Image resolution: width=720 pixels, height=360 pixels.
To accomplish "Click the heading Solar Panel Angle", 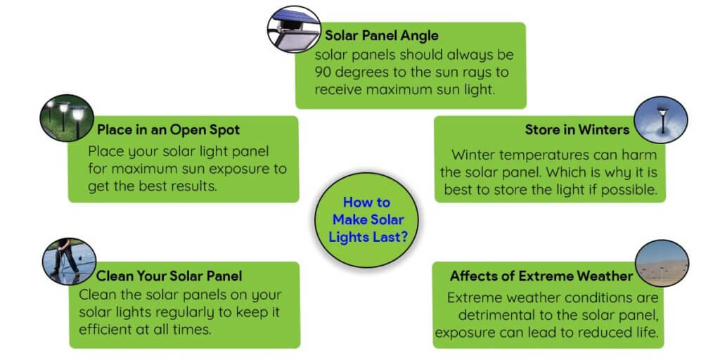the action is tap(382, 36).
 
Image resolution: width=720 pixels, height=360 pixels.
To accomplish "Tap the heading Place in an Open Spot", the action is tap(168, 130).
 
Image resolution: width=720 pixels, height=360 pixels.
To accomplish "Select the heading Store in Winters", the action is tap(577, 130).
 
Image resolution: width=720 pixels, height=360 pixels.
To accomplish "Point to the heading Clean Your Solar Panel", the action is tap(169, 276).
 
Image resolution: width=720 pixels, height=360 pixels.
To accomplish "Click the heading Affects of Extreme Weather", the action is tap(541, 276).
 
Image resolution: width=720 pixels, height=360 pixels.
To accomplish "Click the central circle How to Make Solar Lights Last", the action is tap(366, 220).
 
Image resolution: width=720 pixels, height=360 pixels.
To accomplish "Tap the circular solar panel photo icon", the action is tap(294, 29).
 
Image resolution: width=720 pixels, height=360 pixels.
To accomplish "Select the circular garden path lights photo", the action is tap(67, 118).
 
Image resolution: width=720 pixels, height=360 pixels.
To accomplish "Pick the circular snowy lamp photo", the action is tap(661, 120).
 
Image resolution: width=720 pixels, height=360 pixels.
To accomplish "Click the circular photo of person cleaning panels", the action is tap(70, 262).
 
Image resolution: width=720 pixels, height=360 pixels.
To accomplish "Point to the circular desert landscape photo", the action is tap(662, 264).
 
